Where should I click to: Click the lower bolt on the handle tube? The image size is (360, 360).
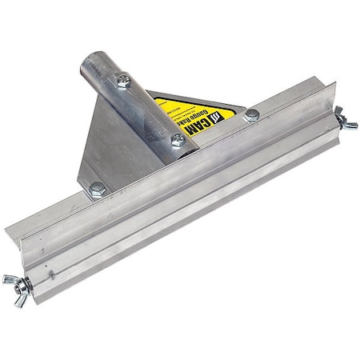point(178,139)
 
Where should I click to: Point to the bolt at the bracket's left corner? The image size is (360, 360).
point(97,189)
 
